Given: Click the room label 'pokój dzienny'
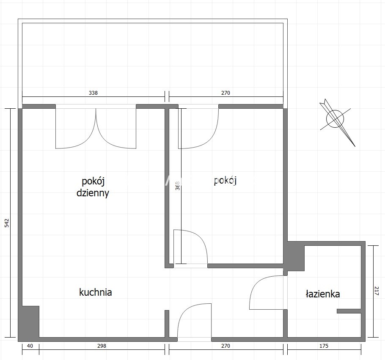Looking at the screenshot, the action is click(93, 187).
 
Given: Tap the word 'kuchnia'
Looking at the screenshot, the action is click(96, 292).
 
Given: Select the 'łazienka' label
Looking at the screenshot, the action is click(323, 294).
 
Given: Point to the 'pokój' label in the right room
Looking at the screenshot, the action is click(225, 181).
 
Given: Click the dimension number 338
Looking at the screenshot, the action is click(93, 93).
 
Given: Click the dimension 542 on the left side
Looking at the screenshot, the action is click(7, 223).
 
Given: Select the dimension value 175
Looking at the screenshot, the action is click(324, 346).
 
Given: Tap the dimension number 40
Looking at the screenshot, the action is click(30, 346).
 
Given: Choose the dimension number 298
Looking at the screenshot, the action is click(102, 346).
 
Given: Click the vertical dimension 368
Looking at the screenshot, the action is click(178, 186).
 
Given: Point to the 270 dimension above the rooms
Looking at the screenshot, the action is click(225, 93).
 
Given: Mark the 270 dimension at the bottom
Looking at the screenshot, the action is click(225, 346).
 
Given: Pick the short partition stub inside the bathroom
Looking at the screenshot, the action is click(349, 311).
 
